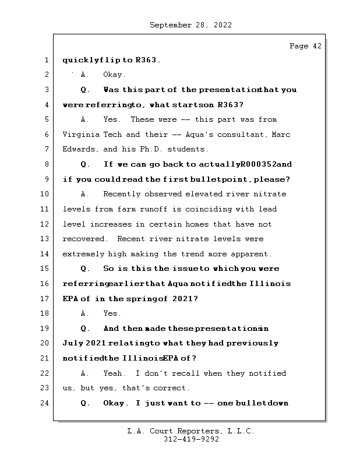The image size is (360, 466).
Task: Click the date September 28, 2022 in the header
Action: [190, 25]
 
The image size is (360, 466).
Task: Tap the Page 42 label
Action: [305, 46]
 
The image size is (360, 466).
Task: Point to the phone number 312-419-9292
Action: [191, 440]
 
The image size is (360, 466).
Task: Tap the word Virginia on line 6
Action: [79, 135]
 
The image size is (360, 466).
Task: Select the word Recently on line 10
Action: [122, 194]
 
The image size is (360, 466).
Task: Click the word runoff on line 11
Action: [153, 209]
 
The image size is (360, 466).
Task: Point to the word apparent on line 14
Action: [252, 254]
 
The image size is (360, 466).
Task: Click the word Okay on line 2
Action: [114, 75]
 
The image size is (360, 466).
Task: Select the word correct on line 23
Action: [172, 388]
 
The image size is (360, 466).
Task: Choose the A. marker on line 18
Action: [85, 313]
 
